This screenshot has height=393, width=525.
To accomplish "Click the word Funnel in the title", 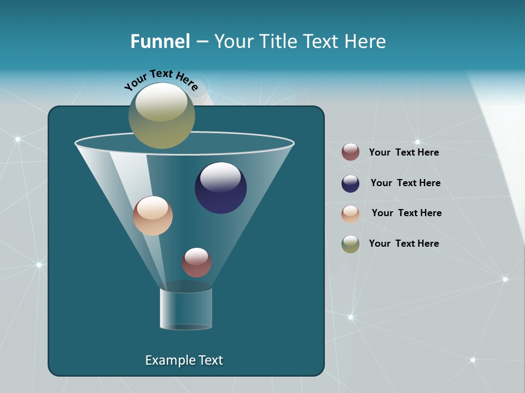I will [160, 41].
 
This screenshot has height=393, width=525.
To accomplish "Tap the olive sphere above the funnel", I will [162, 116].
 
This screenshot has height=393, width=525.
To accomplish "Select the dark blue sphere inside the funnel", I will [221, 188].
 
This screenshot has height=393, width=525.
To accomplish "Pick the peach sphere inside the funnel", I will [153, 216].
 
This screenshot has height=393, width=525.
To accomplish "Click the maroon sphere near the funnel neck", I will [196, 263].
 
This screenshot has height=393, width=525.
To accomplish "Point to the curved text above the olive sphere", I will [161, 80].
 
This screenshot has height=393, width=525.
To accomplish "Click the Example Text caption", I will [184, 360].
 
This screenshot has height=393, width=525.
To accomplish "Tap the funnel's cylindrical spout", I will [186, 309].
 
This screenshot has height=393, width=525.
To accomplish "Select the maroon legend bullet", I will [351, 152].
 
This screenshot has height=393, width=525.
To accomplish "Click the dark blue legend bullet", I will [351, 183].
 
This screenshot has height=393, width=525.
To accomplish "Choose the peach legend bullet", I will [351, 214].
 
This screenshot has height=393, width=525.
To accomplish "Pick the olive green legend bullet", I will [351, 244].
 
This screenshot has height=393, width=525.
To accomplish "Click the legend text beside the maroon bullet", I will [404, 152].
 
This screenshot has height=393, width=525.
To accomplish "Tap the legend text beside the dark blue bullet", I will [405, 183].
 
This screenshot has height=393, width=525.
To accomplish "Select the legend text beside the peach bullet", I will [406, 213].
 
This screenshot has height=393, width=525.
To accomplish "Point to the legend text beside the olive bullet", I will [404, 243].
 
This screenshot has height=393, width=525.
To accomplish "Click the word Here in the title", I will [365, 41].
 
